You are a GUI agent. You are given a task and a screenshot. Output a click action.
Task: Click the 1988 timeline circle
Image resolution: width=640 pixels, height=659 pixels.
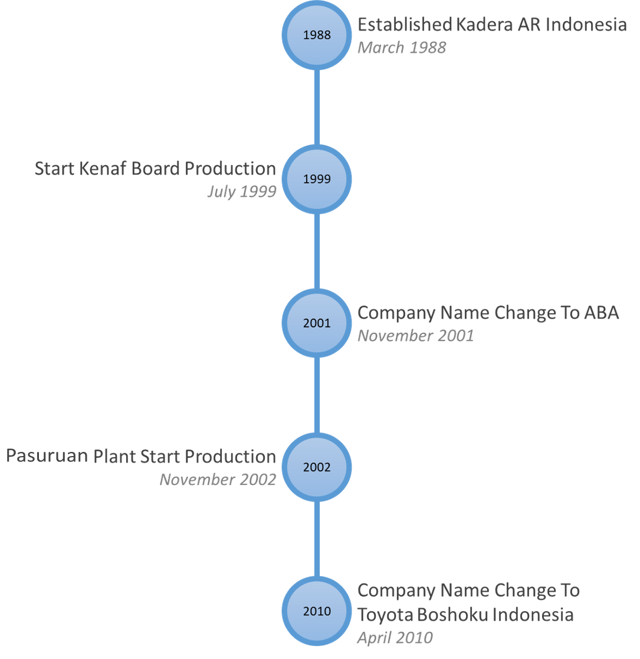click(x=316, y=35)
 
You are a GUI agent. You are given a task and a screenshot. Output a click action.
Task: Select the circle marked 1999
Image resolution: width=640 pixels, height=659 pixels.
click(x=316, y=179)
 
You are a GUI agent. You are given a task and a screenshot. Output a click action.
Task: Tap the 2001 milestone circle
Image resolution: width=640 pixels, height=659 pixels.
click(x=316, y=323)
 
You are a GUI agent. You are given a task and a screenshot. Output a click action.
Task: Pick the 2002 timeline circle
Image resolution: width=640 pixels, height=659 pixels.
click(x=316, y=467)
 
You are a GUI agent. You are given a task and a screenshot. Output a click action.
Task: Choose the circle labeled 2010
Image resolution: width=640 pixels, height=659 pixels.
click(x=316, y=611)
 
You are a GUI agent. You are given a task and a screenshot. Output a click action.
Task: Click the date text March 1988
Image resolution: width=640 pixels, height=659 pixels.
click(x=401, y=47)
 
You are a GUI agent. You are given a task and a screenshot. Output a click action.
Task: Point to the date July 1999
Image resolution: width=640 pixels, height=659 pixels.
click(x=242, y=192)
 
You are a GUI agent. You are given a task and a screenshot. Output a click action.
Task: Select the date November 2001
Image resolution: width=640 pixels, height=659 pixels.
click(x=416, y=335)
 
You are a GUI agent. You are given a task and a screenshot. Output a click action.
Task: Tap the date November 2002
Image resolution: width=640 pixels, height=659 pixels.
click(x=218, y=480)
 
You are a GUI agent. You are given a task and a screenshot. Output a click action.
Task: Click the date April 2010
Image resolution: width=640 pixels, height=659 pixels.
click(x=395, y=638)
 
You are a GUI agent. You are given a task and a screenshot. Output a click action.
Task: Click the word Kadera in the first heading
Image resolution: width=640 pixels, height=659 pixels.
click(x=484, y=24)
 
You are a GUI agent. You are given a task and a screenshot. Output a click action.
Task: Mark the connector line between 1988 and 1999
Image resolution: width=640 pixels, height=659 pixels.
click(x=317, y=107)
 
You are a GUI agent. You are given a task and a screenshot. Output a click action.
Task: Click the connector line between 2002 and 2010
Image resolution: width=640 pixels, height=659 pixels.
click(x=317, y=539)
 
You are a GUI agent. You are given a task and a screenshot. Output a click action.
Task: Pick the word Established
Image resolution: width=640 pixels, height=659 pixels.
click(x=405, y=24)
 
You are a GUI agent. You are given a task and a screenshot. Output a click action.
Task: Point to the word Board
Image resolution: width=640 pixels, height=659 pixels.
click(x=156, y=169)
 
